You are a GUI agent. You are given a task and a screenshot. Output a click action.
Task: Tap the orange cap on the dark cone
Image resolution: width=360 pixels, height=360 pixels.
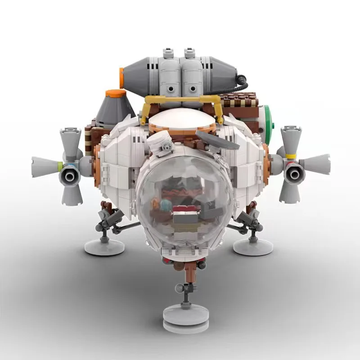tap(116, 93)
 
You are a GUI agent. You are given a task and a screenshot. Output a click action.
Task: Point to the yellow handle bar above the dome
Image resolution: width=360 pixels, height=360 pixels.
tap(182, 98)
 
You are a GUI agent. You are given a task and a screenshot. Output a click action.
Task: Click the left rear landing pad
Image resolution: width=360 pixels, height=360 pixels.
tap(104, 245)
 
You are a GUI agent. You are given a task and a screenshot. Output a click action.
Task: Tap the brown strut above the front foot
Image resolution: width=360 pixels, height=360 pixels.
tap(189, 274)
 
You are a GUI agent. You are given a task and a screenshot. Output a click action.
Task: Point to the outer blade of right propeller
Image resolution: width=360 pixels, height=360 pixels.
tap(317, 163)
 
